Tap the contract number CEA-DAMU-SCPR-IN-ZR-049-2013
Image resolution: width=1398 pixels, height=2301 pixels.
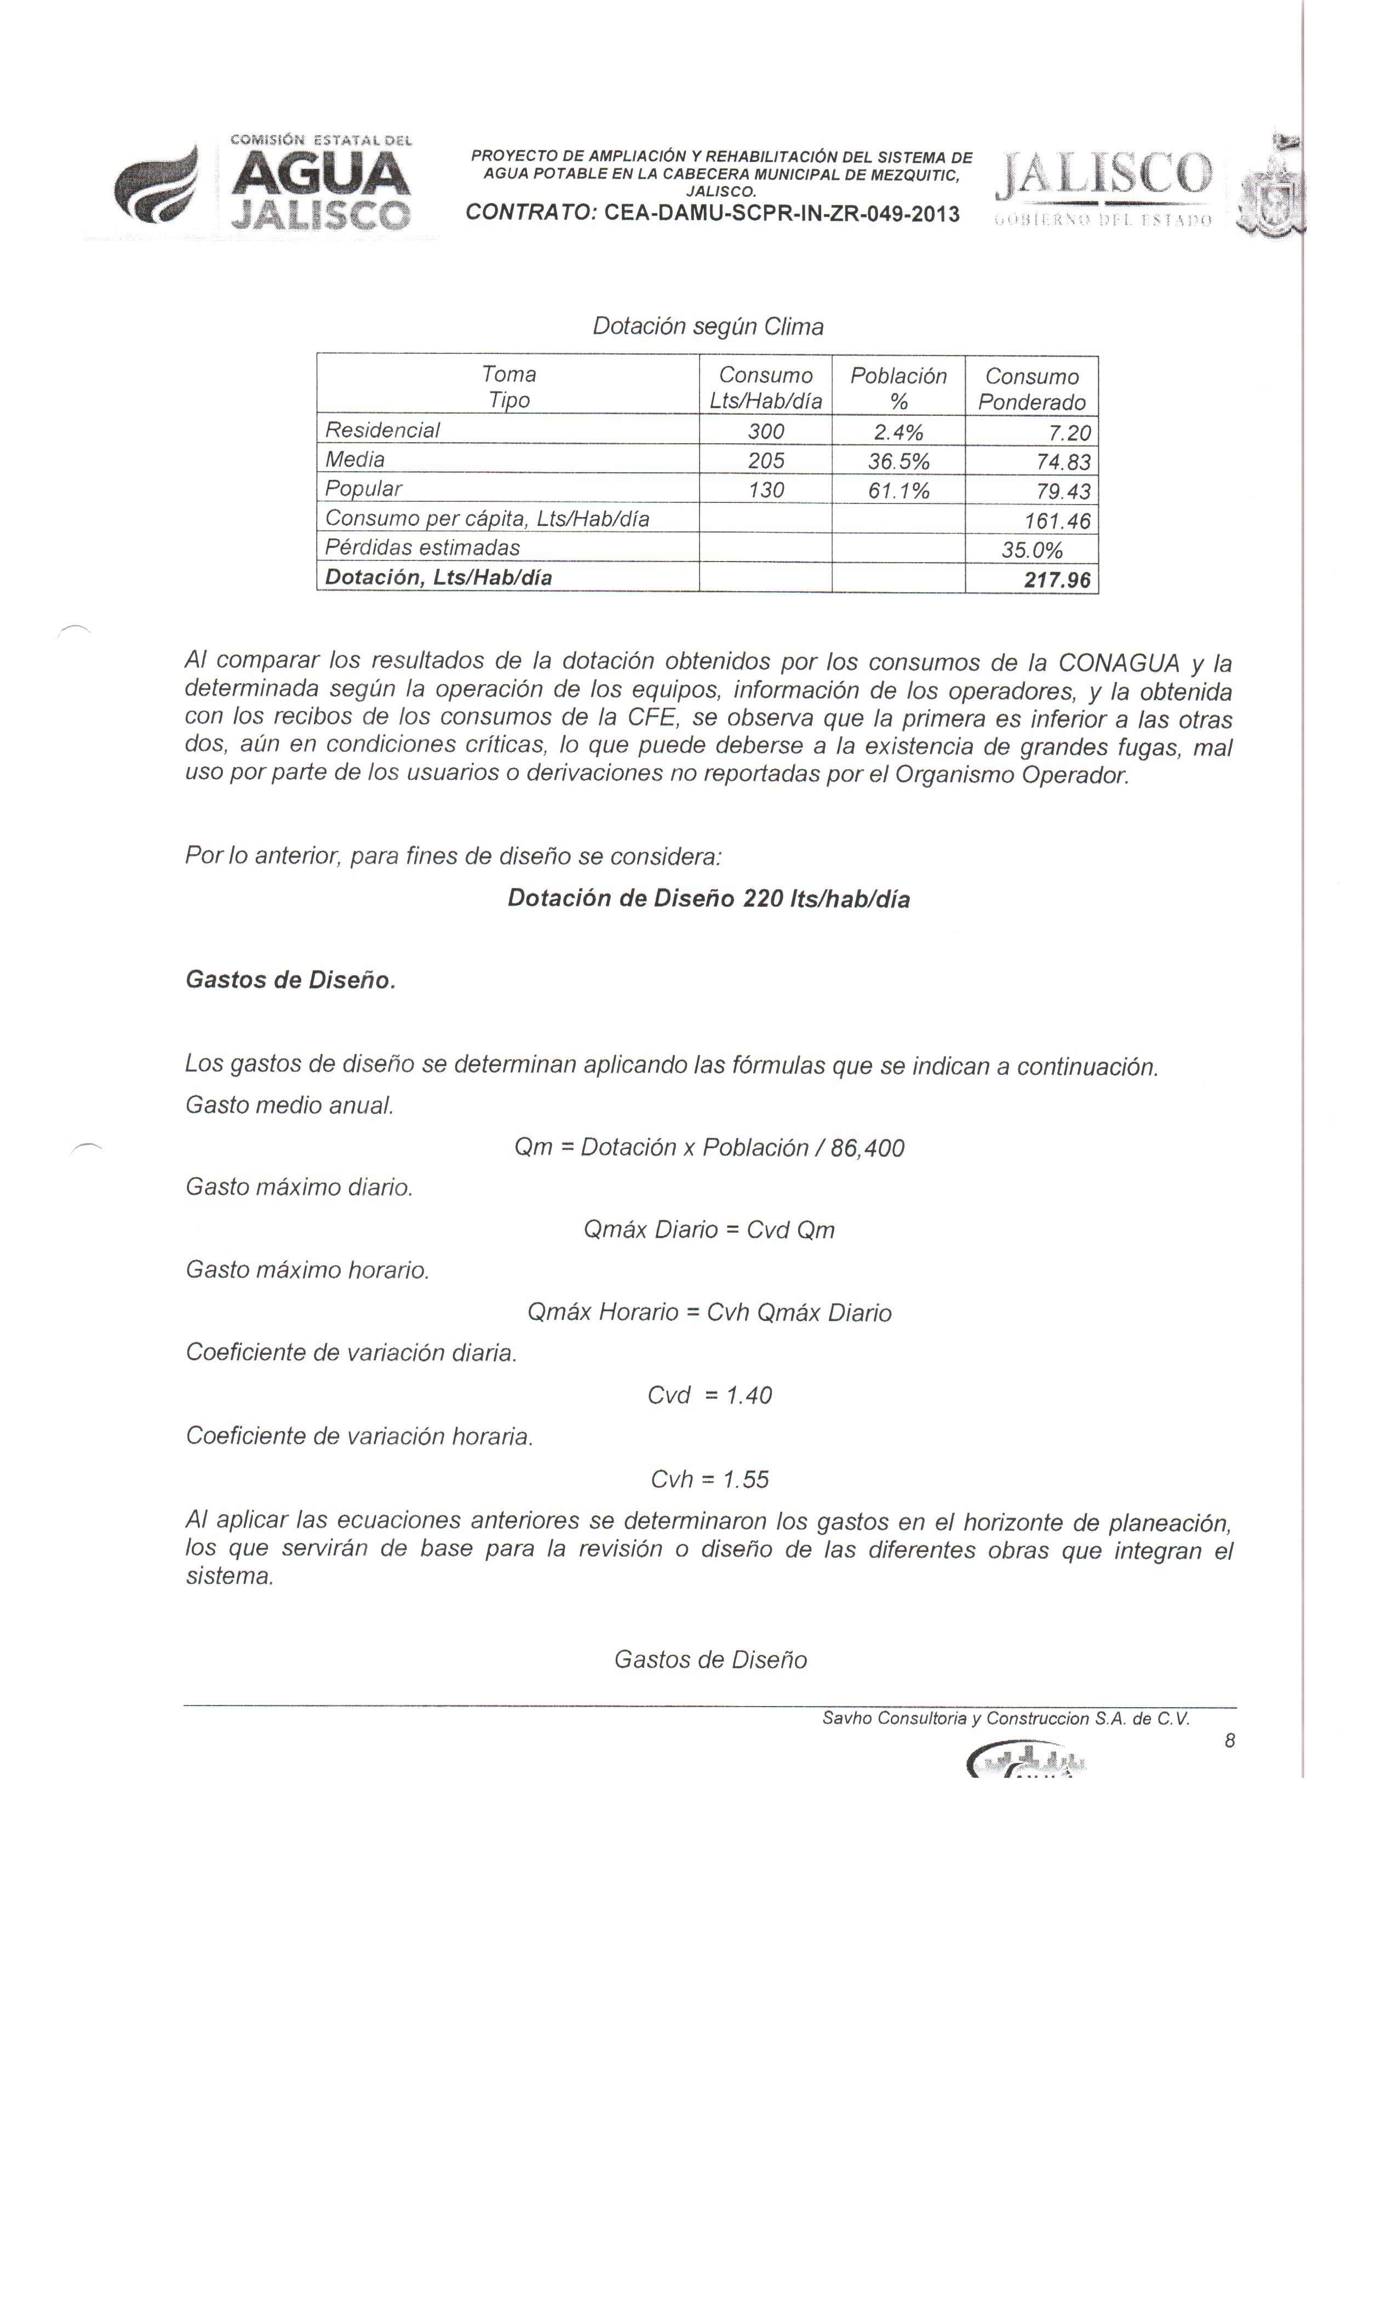tap(782, 214)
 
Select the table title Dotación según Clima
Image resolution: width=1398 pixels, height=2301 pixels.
tap(708, 327)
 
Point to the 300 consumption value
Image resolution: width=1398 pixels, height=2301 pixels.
tap(766, 432)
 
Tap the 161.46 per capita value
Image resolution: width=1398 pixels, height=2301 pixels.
tap(1057, 521)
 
